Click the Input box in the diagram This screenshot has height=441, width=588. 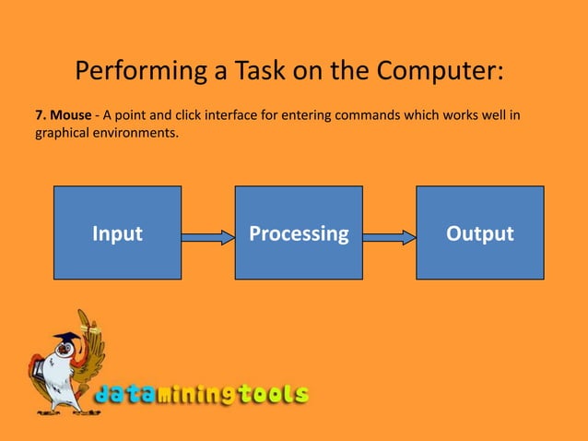point(117,232)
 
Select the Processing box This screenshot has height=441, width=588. point(299,232)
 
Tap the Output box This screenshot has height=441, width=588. point(479,232)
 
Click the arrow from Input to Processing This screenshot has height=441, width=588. point(208,237)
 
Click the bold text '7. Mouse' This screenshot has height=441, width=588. point(63,115)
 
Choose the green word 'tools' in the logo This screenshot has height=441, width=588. point(274,395)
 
